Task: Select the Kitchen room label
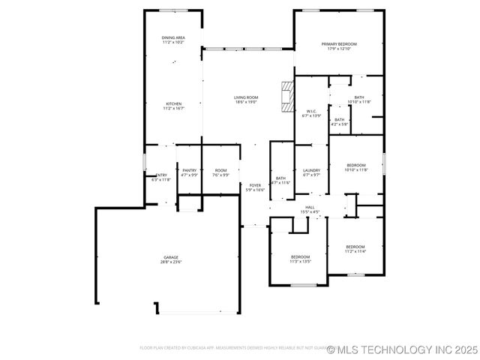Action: point(174,106)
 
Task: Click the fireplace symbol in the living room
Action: point(286,96)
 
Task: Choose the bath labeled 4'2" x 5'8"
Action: point(339,121)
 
